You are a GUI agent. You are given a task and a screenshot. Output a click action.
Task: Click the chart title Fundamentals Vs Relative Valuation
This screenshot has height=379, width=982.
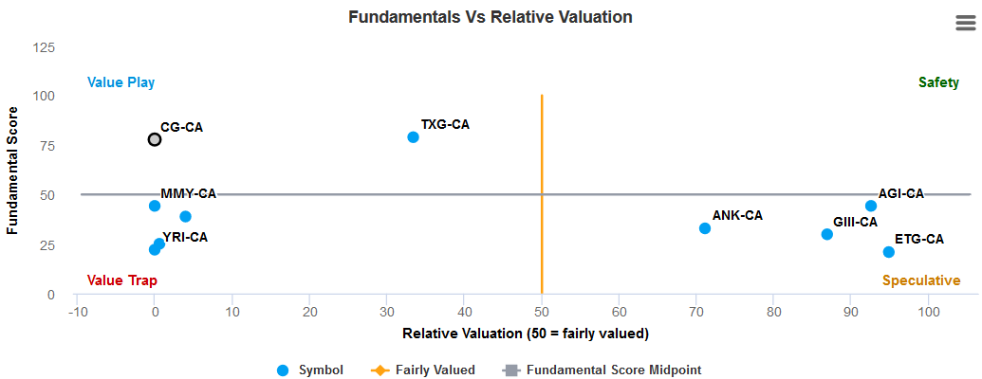(x=490, y=17)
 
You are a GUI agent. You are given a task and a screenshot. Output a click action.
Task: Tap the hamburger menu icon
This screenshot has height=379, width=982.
(x=965, y=25)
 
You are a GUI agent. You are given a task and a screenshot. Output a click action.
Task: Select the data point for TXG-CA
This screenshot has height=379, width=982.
(x=413, y=137)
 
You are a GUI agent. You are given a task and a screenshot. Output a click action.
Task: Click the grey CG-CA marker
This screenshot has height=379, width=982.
(x=155, y=139)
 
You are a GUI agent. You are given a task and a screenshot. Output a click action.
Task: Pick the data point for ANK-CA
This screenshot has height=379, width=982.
(x=705, y=228)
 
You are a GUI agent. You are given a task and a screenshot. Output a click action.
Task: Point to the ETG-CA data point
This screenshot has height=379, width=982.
(x=889, y=252)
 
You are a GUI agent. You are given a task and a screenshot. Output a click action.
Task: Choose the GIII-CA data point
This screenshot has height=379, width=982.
(x=827, y=234)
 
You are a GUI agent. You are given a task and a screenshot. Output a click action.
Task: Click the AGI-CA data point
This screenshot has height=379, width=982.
(x=871, y=206)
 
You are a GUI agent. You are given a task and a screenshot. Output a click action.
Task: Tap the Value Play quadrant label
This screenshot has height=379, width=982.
(x=120, y=82)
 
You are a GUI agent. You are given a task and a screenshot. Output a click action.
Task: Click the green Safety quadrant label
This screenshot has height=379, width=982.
(x=938, y=82)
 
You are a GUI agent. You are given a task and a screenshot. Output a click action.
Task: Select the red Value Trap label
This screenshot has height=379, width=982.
(x=121, y=280)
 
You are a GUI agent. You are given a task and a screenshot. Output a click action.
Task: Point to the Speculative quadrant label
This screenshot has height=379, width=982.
(x=920, y=280)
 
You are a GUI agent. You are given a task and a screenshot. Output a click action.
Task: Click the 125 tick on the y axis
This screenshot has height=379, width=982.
(x=44, y=47)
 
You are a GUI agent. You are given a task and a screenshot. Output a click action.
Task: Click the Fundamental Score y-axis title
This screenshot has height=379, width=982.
(x=13, y=171)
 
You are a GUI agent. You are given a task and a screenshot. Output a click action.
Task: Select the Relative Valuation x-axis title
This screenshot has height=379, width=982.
(x=525, y=334)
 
